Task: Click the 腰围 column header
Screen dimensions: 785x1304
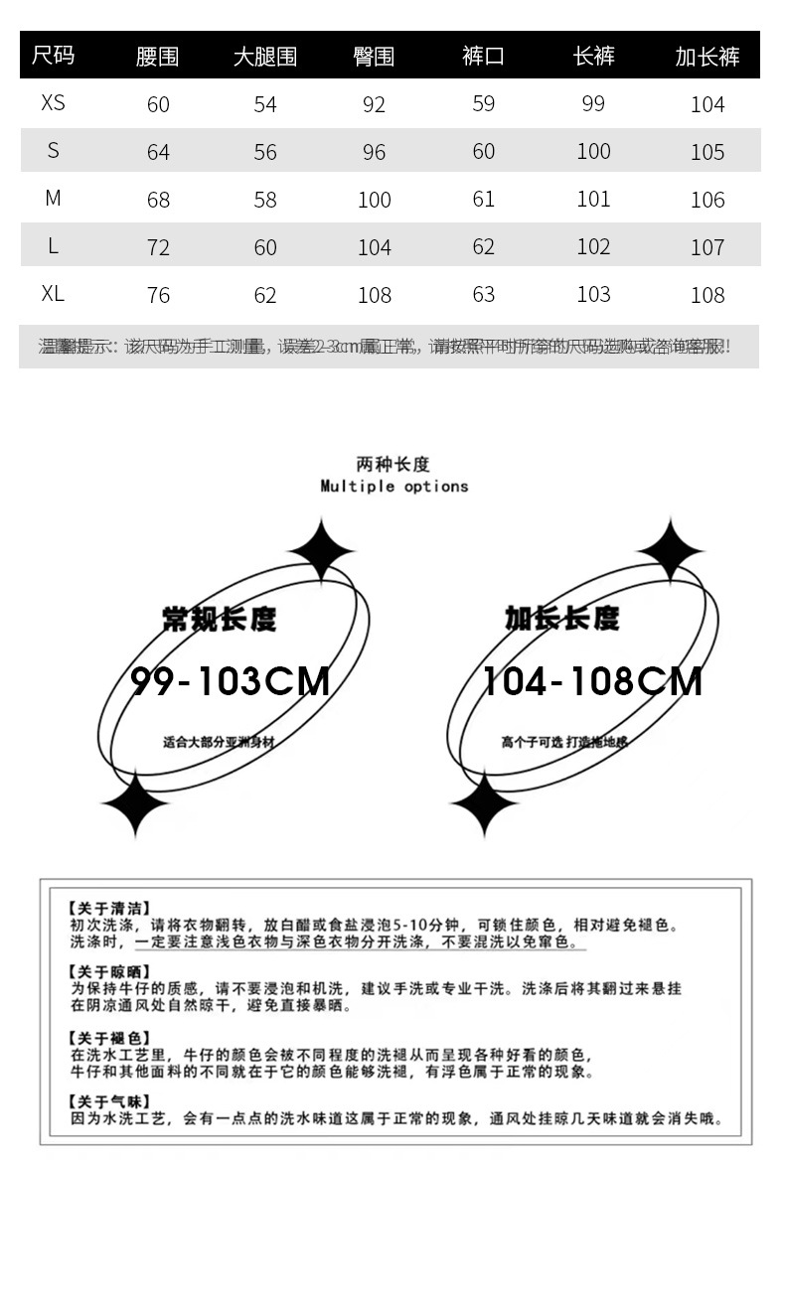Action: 157,57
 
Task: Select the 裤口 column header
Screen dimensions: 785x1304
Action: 483,57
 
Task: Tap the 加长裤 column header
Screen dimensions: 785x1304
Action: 707,57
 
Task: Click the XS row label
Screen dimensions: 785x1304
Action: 53,103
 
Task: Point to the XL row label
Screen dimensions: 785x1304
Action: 53,294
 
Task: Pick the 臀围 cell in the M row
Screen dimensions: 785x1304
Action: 375,200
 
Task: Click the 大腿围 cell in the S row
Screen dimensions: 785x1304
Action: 265,152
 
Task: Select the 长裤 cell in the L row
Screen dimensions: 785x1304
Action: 593,246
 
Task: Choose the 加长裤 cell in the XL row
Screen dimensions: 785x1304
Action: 707,295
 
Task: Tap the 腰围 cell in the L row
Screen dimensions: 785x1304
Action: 158,247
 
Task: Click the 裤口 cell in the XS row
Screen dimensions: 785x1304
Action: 484,103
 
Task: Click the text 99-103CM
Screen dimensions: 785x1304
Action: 231,681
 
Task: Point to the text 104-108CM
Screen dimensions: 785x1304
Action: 592,681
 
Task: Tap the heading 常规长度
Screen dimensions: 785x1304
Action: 219,619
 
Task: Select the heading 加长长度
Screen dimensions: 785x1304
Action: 561,619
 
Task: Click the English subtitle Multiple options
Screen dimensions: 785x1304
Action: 393,487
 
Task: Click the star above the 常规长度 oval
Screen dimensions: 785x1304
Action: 321,549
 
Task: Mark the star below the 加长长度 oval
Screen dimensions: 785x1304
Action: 484,803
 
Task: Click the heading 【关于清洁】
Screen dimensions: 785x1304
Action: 109,908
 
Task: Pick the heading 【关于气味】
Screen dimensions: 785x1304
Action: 109,1101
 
